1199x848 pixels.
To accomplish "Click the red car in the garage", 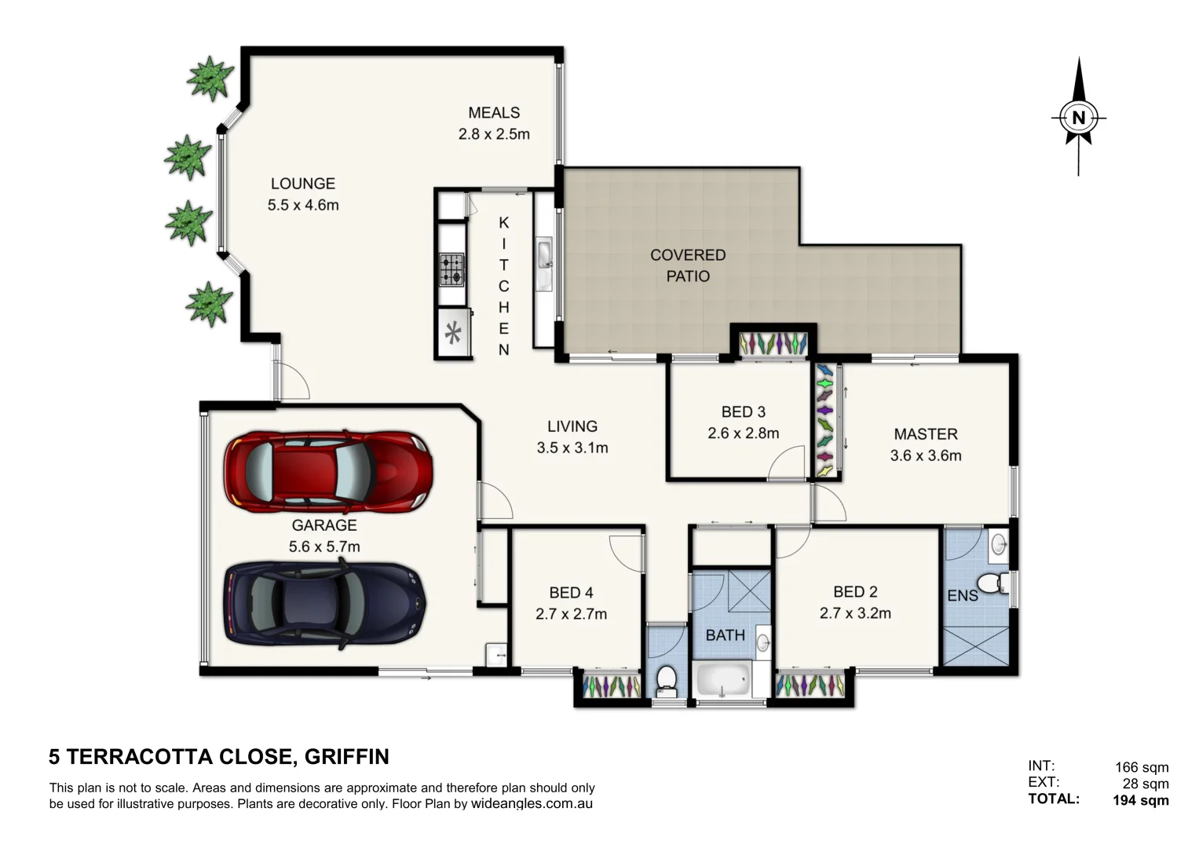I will pos(328,471).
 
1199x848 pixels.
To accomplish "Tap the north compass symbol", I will pos(1078,118).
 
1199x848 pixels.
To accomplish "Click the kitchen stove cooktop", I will pos(451,269).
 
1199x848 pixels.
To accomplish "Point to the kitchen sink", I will pos(544,254).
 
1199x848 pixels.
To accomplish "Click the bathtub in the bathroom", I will pos(723,680).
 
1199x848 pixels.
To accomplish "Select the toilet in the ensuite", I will pos(999,583).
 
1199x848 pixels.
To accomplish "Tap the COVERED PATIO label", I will pos(688,265).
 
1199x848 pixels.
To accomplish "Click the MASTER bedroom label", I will pos(925,433).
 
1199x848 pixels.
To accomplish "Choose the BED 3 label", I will pos(743,411).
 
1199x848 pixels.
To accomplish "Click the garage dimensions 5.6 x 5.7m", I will pos(324,546).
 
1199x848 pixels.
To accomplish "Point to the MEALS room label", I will pos(494,112).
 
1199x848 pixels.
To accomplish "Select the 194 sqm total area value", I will pos(1140,800).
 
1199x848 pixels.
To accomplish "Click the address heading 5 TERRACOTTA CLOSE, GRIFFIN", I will pos(219,757).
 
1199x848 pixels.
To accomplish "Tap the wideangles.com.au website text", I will pos(532,803).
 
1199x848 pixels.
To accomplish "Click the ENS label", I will pos(962,596).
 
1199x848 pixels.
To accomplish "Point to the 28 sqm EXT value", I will pos(1145,784).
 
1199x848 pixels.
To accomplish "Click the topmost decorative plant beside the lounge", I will pos(210,79).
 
